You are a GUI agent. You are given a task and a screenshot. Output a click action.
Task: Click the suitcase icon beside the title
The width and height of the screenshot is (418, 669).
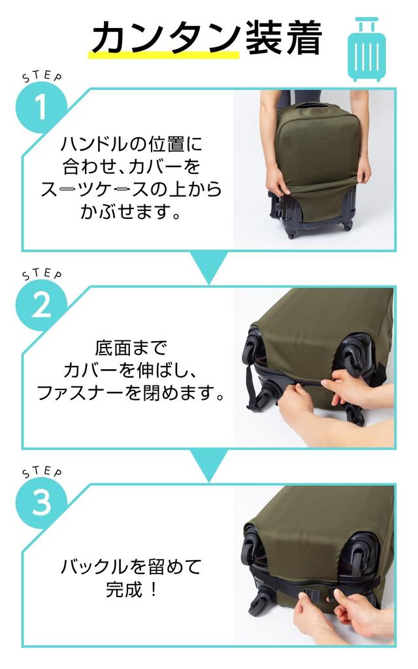(x=368, y=49)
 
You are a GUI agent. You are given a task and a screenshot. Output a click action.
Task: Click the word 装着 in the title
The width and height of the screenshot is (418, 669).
(x=283, y=39)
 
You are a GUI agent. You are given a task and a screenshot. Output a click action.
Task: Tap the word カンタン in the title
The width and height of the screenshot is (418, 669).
(x=165, y=39)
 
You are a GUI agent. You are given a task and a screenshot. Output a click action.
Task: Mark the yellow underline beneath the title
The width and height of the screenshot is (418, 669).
(x=163, y=56)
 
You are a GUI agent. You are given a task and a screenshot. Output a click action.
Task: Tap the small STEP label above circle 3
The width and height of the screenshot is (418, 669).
(x=42, y=471)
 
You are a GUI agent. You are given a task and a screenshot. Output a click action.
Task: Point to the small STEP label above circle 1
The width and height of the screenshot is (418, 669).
(x=42, y=76)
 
